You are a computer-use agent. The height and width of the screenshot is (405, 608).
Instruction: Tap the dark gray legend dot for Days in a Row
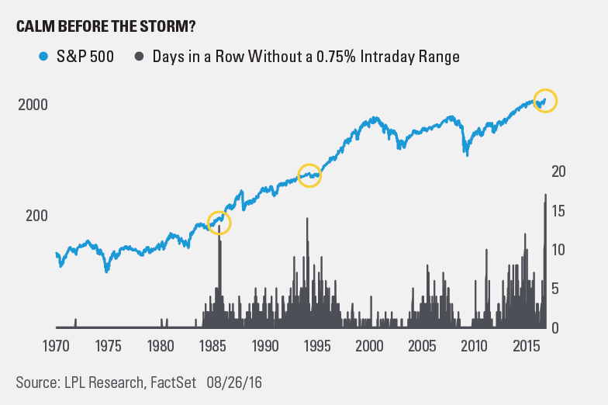(x=140, y=56)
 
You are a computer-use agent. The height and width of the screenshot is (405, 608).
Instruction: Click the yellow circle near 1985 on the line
(x=219, y=223)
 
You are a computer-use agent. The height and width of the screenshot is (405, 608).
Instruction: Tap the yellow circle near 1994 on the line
(x=309, y=175)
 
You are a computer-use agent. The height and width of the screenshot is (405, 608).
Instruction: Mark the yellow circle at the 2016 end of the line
(x=545, y=101)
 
